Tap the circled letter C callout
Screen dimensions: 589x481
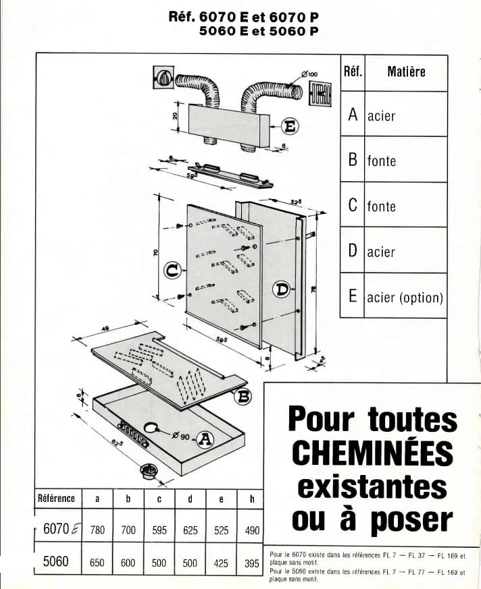(x=173, y=271)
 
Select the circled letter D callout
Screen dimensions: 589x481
(x=281, y=290)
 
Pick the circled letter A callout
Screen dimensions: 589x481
(x=205, y=440)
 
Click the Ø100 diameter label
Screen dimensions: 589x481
(x=310, y=74)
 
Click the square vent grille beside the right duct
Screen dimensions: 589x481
(x=321, y=93)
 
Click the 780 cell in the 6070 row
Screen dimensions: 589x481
(x=97, y=530)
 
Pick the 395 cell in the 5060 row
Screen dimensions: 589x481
(x=252, y=563)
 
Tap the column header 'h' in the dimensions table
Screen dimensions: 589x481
(x=252, y=499)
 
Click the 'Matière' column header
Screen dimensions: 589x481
(x=406, y=72)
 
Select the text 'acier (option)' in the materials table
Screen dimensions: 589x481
(x=405, y=298)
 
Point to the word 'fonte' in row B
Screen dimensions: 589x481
(x=382, y=161)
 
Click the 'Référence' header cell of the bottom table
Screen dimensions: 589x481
(x=57, y=499)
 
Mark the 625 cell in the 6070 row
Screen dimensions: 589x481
(x=191, y=530)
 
